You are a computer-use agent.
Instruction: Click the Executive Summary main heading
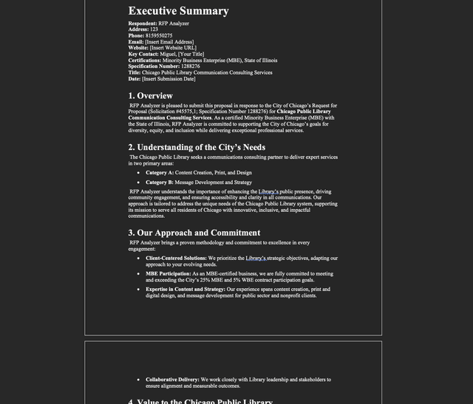tap(178, 11)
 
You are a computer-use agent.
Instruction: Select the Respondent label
tap(143, 24)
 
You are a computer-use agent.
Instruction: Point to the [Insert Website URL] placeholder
tap(173, 48)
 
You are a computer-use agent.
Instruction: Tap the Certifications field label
tap(148, 61)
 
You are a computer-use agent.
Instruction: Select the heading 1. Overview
tap(150, 96)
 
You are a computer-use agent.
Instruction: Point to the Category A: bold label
tap(160, 173)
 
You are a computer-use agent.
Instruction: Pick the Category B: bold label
tap(160, 182)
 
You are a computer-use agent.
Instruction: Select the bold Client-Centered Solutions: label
tap(176, 259)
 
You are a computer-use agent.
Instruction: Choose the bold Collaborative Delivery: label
tap(172, 380)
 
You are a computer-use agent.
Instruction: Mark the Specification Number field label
tap(153, 66)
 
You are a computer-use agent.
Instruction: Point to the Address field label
tap(139, 30)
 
